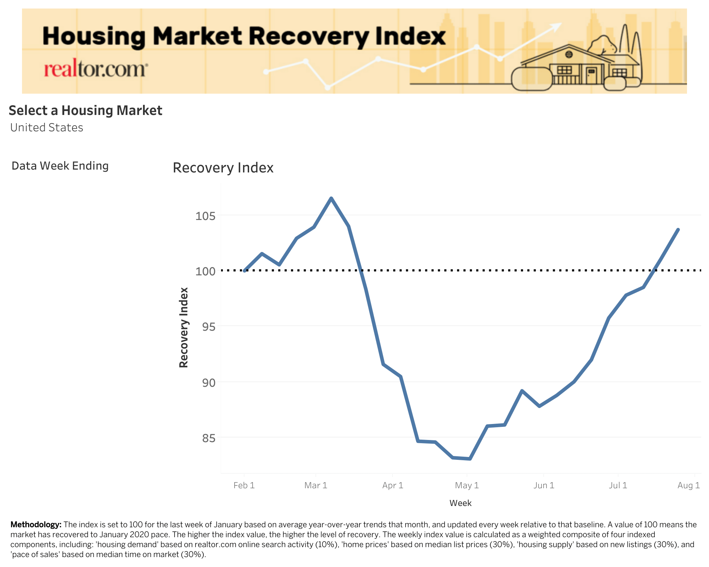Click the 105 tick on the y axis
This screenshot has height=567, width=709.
205,216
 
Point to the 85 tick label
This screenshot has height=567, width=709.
205,438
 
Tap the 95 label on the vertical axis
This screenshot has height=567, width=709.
205,326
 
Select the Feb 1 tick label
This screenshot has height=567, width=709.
244,485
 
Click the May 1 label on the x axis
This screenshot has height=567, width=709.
467,485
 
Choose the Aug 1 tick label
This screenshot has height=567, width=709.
688,485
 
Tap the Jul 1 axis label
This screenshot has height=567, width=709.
618,485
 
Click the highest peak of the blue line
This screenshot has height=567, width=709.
331,198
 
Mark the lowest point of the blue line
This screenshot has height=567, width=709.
470,459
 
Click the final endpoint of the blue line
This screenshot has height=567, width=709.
678,230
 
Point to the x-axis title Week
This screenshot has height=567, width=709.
460,503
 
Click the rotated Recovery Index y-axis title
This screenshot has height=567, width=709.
183,327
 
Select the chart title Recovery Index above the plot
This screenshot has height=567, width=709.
223,168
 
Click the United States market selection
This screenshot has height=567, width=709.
46,127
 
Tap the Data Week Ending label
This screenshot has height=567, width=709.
60,166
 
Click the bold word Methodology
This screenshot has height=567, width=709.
36,524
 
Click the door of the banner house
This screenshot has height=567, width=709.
591,76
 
